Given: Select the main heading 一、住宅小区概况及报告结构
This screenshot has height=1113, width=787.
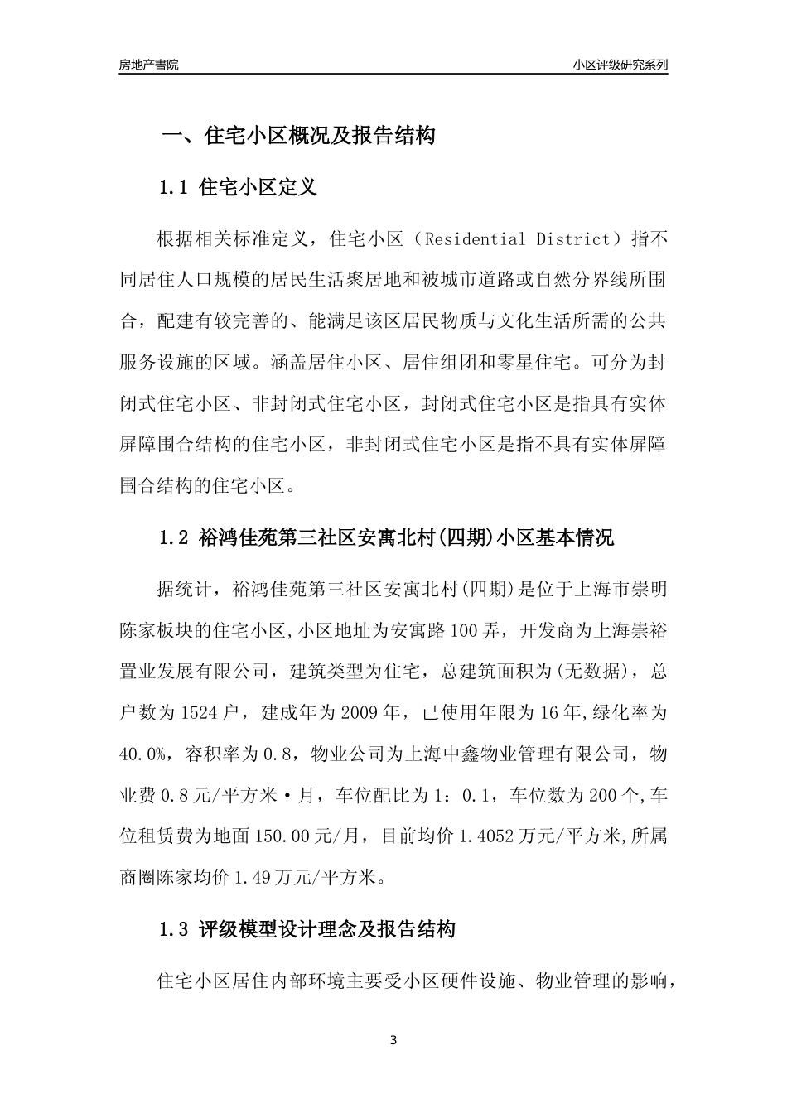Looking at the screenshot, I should click(297, 136).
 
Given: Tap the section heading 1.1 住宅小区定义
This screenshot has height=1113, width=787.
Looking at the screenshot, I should click(238, 187).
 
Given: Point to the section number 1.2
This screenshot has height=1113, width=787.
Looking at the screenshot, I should click(173, 538).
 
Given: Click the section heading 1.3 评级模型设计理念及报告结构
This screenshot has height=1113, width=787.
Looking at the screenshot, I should click(307, 929).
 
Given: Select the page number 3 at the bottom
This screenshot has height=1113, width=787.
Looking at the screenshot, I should click(393, 1040).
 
